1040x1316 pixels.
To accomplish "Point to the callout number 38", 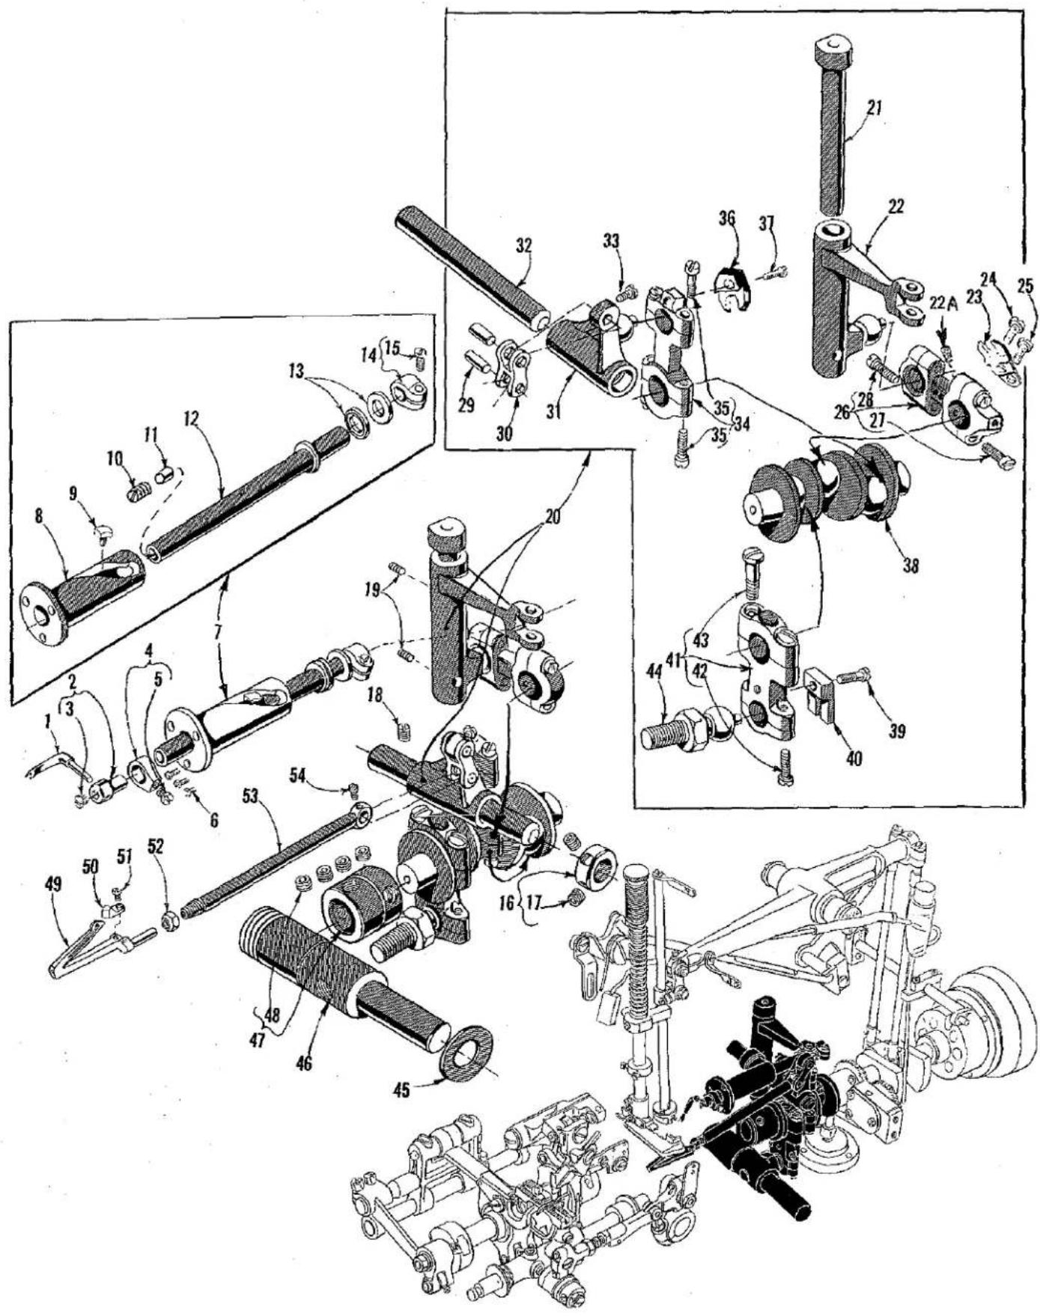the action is tap(910, 566).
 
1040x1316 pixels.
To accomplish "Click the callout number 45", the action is tap(401, 1090).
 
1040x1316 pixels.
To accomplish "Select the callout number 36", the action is tap(727, 218).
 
